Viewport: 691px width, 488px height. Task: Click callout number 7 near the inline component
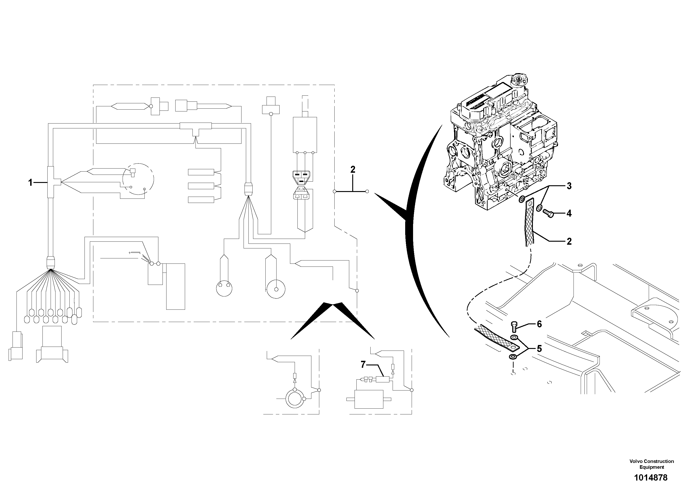(x=363, y=365)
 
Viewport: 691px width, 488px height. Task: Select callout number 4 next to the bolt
(x=569, y=213)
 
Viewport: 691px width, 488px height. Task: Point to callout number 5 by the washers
(x=539, y=349)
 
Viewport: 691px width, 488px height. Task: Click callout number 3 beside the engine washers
(x=569, y=186)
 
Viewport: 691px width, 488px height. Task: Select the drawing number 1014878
(x=651, y=478)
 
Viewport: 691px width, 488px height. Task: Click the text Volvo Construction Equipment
(x=652, y=464)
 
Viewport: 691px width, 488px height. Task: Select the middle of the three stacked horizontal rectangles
(x=201, y=186)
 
